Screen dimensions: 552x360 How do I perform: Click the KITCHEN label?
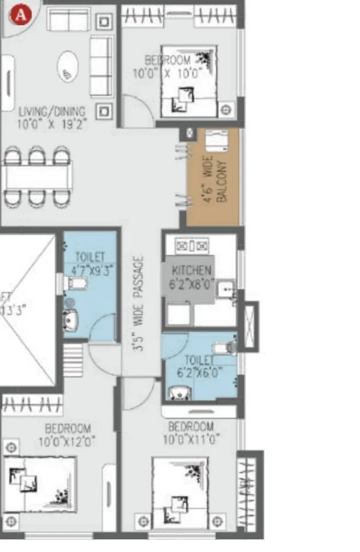(x=192, y=270)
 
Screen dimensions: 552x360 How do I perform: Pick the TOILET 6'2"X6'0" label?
(x=199, y=365)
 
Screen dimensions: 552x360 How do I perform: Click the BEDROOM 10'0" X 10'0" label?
(x=168, y=66)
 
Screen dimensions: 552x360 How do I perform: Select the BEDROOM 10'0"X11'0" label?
(x=191, y=433)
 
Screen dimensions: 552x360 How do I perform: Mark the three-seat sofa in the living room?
(x=101, y=67)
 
